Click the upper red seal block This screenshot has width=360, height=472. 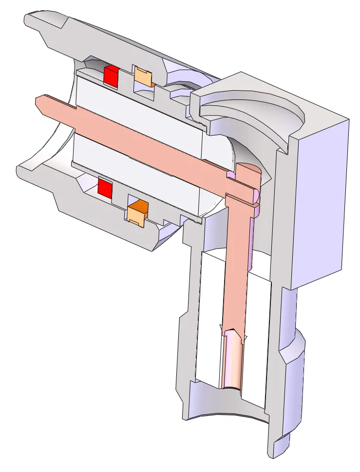pos(111,76)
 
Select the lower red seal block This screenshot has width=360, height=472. pos(105,187)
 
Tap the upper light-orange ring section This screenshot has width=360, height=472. pos(143,77)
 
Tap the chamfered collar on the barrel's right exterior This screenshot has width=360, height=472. pos(292,346)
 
